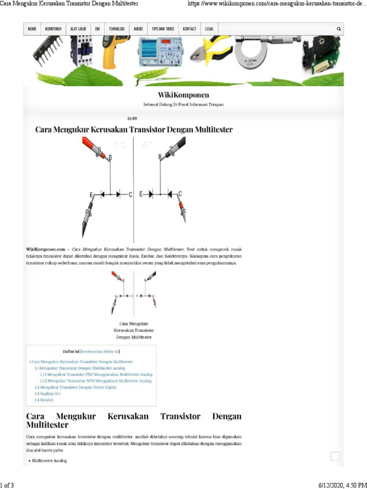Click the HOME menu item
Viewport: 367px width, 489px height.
[x=32, y=29]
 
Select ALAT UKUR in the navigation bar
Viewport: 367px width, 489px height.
[x=78, y=29]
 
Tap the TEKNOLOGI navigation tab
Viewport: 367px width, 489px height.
[x=117, y=29]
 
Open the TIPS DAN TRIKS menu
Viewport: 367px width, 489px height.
[x=162, y=29]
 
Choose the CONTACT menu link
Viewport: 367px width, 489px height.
[x=190, y=29]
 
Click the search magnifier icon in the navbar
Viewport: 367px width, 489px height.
[x=339, y=29]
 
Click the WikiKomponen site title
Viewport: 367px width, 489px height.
[x=183, y=95]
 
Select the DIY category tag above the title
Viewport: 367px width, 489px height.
[x=132, y=118]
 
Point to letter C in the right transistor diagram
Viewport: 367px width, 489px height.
[x=180, y=194]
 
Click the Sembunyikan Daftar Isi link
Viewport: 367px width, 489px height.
[x=100, y=351]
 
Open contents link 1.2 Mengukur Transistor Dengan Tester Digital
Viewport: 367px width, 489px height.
[x=76, y=387]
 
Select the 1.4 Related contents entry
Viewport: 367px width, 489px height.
[x=44, y=400]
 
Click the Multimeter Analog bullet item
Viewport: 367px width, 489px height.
[x=49, y=461]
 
